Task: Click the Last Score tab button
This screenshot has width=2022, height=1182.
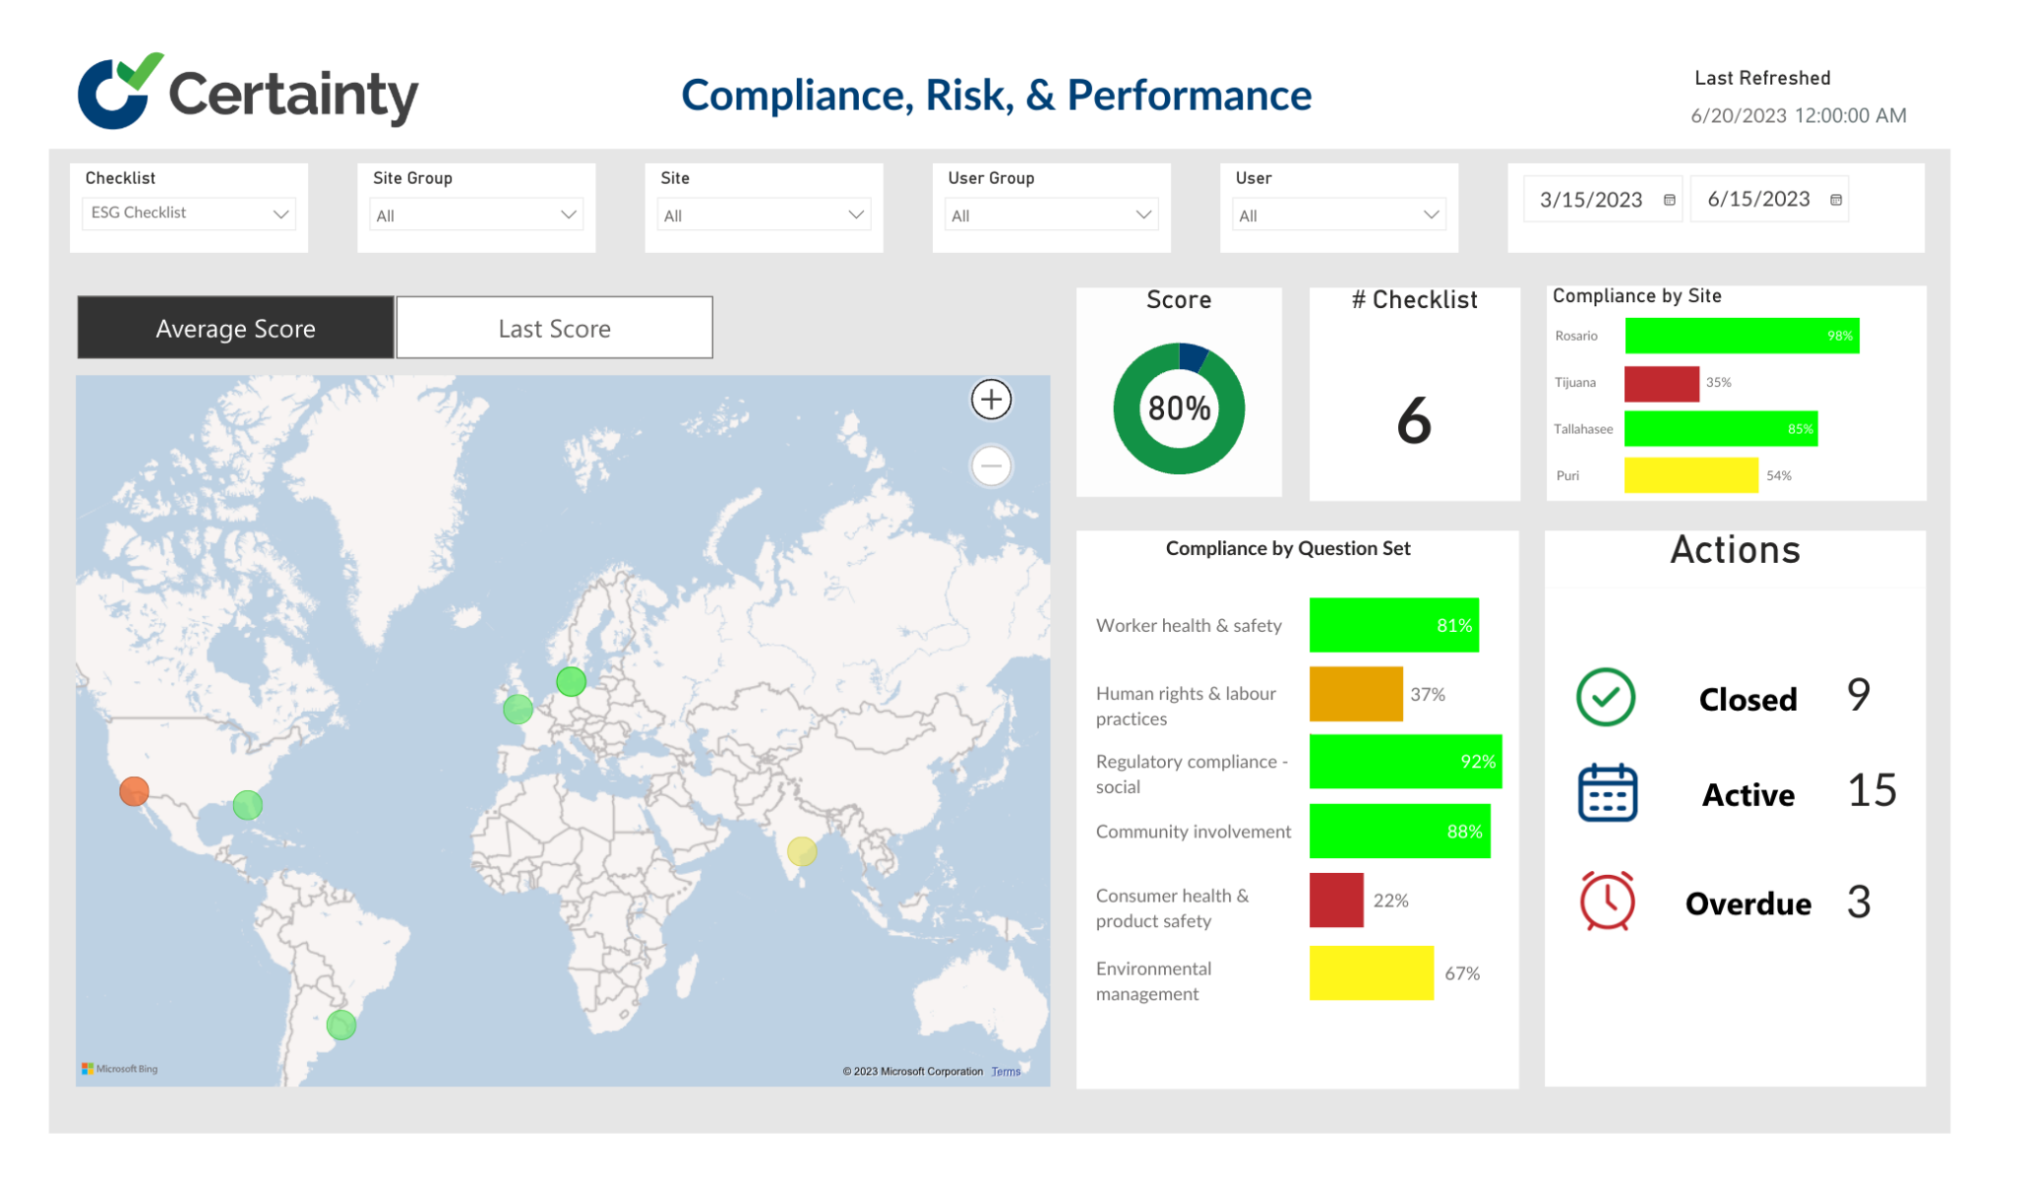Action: tap(554, 328)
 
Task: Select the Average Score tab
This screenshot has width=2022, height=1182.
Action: tap(235, 328)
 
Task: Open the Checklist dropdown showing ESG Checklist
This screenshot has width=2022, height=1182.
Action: tap(188, 213)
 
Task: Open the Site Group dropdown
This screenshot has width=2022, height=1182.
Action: tap(476, 215)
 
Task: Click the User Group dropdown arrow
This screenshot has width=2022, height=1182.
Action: tap(1143, 214)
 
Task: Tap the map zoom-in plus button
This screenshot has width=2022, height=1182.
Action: tap(991, 400)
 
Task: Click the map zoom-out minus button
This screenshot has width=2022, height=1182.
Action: tap(991, 466)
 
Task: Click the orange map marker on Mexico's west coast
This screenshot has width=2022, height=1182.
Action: tap(134, 791)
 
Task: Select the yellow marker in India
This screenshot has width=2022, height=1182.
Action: tap(802, 850)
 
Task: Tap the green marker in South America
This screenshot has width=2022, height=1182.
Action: tap(342, 1025)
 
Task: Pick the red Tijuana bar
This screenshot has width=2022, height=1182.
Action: tap(1662, 383)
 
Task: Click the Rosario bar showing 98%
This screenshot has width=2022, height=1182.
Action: tap(1742, 336)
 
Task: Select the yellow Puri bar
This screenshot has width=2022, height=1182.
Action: tap(1691, 475)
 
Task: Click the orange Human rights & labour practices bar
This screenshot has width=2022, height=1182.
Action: tap(1356, 694)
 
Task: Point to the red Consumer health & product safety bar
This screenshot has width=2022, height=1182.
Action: tap(1336, 900)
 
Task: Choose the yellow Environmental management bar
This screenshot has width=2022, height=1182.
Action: tap(1371, 973)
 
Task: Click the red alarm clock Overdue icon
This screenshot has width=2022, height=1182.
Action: tap(1607, 901)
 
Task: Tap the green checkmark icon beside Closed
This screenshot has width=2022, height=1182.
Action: tap(1606, 697)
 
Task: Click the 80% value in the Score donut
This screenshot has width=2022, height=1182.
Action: tap(1179, 408)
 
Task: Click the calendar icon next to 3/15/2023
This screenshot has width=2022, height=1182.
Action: tap(1670, 199)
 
